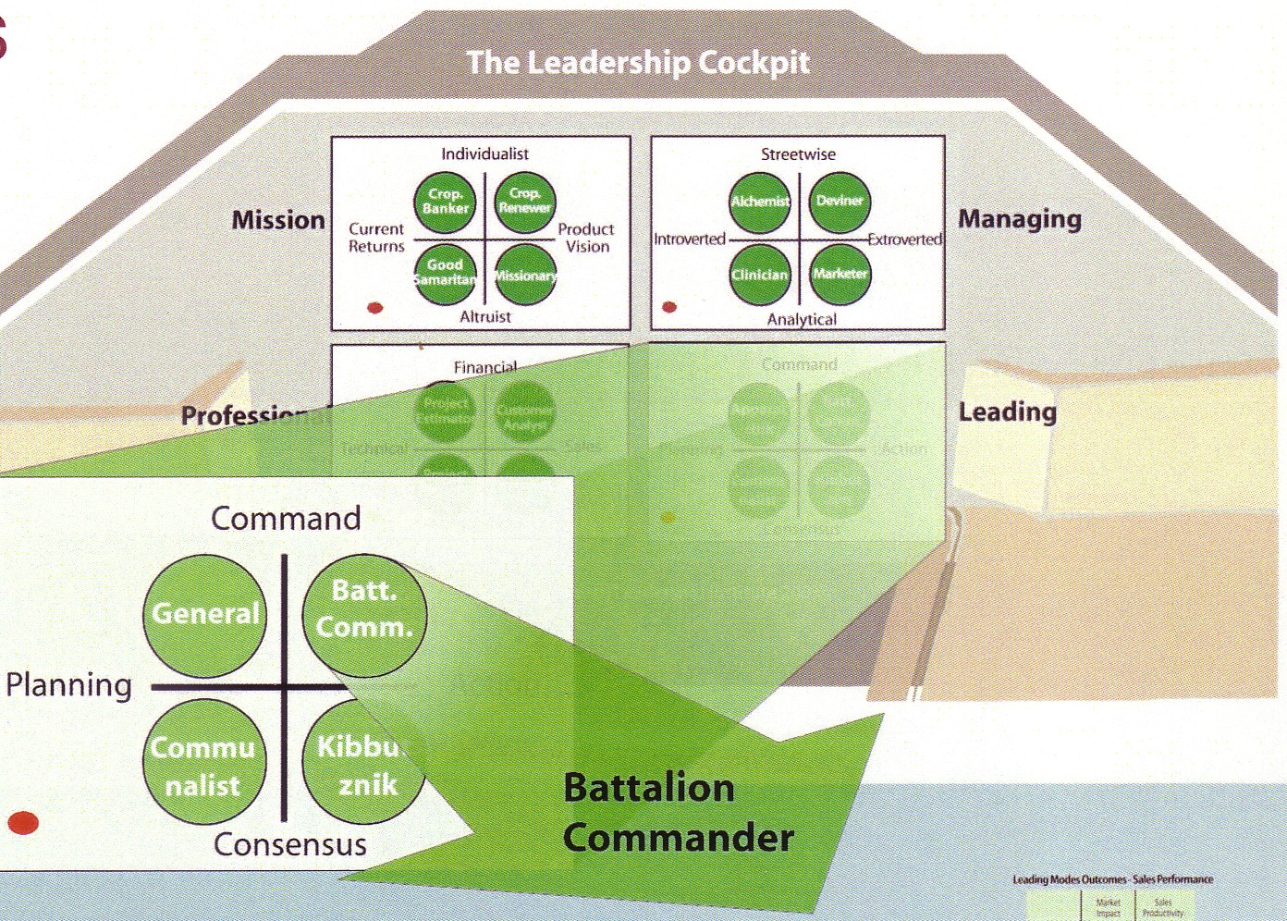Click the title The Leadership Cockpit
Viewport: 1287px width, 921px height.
[637, 63]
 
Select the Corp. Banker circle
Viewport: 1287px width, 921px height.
[445, 202]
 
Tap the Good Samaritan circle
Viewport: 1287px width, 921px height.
[445, 273]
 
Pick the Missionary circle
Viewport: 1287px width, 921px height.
[524, 275]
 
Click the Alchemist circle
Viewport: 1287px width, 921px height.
[760, 202]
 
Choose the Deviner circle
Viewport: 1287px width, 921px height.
[840, 201]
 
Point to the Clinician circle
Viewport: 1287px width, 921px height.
[760, 275]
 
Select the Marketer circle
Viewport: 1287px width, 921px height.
[840, 274]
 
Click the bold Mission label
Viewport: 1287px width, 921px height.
[278, 220]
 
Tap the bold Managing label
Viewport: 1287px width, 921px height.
[1019, 219]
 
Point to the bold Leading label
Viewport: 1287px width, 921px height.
[1007, 411]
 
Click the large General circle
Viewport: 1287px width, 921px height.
[205, 614]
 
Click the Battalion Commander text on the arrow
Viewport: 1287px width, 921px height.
[678, 813]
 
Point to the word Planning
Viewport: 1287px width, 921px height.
[69, 685]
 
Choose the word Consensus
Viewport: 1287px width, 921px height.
[290, 844]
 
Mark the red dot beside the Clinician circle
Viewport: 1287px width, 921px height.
[669, 307]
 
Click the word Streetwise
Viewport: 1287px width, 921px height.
[798, 154]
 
